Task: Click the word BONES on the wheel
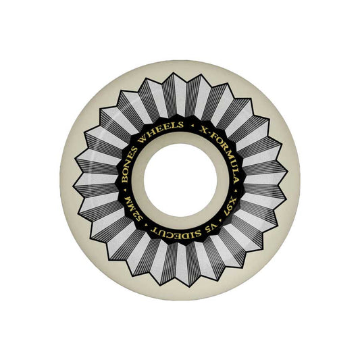(x=130, y=164)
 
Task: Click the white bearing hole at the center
(x=180, y=180)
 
